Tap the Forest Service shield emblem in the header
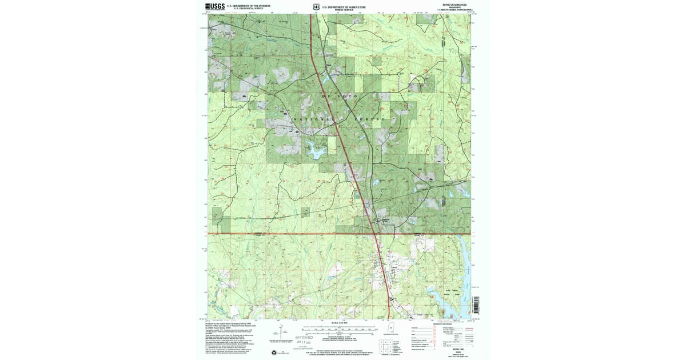[316, 7]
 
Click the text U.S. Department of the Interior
[248, 6]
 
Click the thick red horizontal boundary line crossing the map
[286, 234]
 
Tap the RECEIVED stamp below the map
[308, 338]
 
